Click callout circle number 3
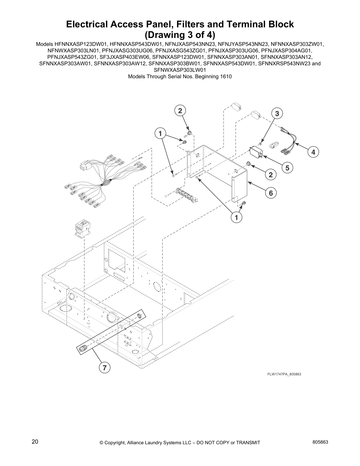click(x=277, y=114)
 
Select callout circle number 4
click(x=313, y=152)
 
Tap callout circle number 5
click(x=287, y=168)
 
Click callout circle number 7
click(x=104, y=367)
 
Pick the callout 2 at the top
click(x=180, y=111)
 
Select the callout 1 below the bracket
click(x=236, y=217)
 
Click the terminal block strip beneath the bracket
click(x=186, y=195)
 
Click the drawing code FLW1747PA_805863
click(x=284, y=374)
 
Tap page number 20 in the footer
click(x=35, y=442)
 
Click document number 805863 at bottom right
click(x=320, y=442)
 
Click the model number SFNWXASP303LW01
click(x=180, y=70)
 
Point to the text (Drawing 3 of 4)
click(x=180, y=35)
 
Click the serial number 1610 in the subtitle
click(x=226, y=76)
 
